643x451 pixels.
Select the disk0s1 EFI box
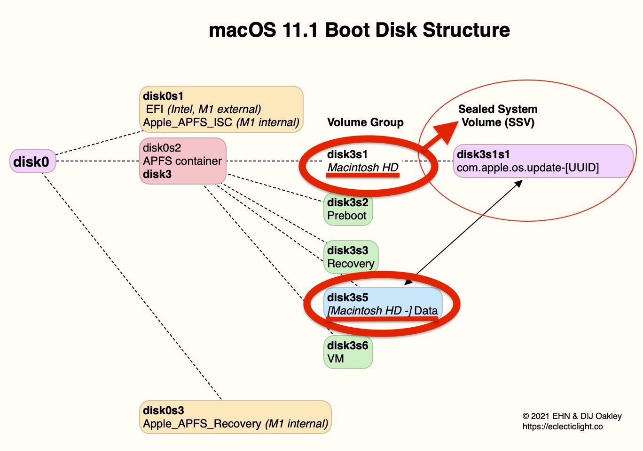221,109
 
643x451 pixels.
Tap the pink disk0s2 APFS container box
183,161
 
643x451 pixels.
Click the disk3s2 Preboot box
348,209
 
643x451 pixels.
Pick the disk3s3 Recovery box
351,257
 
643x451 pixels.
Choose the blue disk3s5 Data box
383,304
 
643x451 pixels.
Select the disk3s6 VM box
348,352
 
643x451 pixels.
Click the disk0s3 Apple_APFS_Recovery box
235,417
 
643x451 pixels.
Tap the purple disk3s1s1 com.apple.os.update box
543,161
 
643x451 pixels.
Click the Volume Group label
365,122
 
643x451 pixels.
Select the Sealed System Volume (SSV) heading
498,116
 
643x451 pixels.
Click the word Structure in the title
466,30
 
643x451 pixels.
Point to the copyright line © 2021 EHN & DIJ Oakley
572,416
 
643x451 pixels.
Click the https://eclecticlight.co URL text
562,427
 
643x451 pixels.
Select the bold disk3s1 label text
347,154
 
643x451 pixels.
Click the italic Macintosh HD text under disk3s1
363,168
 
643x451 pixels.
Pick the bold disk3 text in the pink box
157,174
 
